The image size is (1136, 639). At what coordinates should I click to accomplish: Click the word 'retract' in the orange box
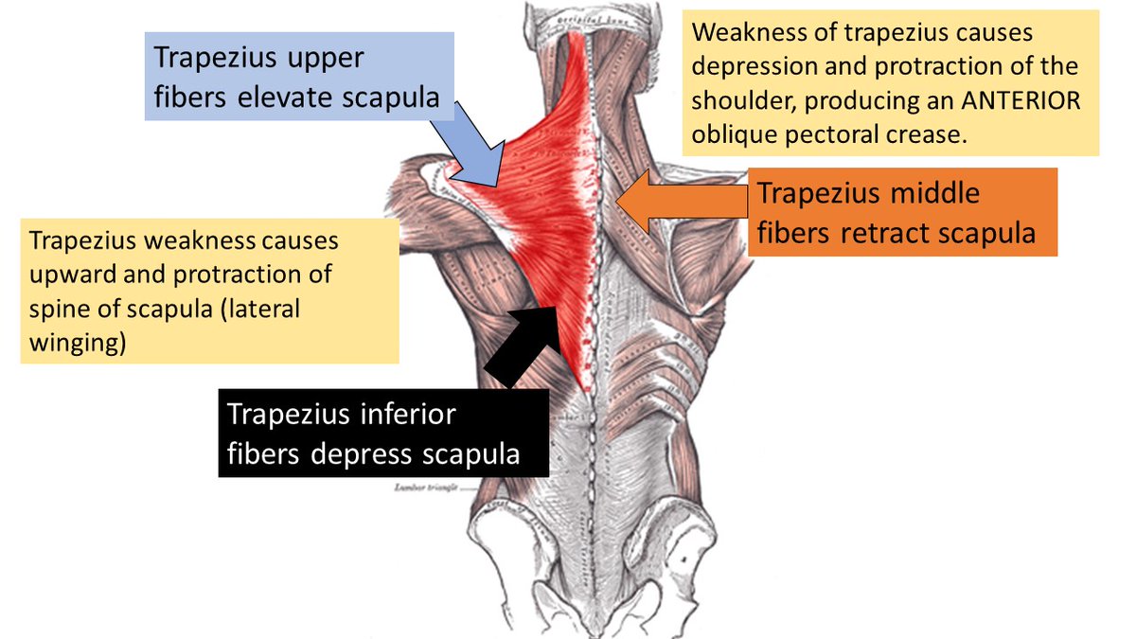pos(884,232)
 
